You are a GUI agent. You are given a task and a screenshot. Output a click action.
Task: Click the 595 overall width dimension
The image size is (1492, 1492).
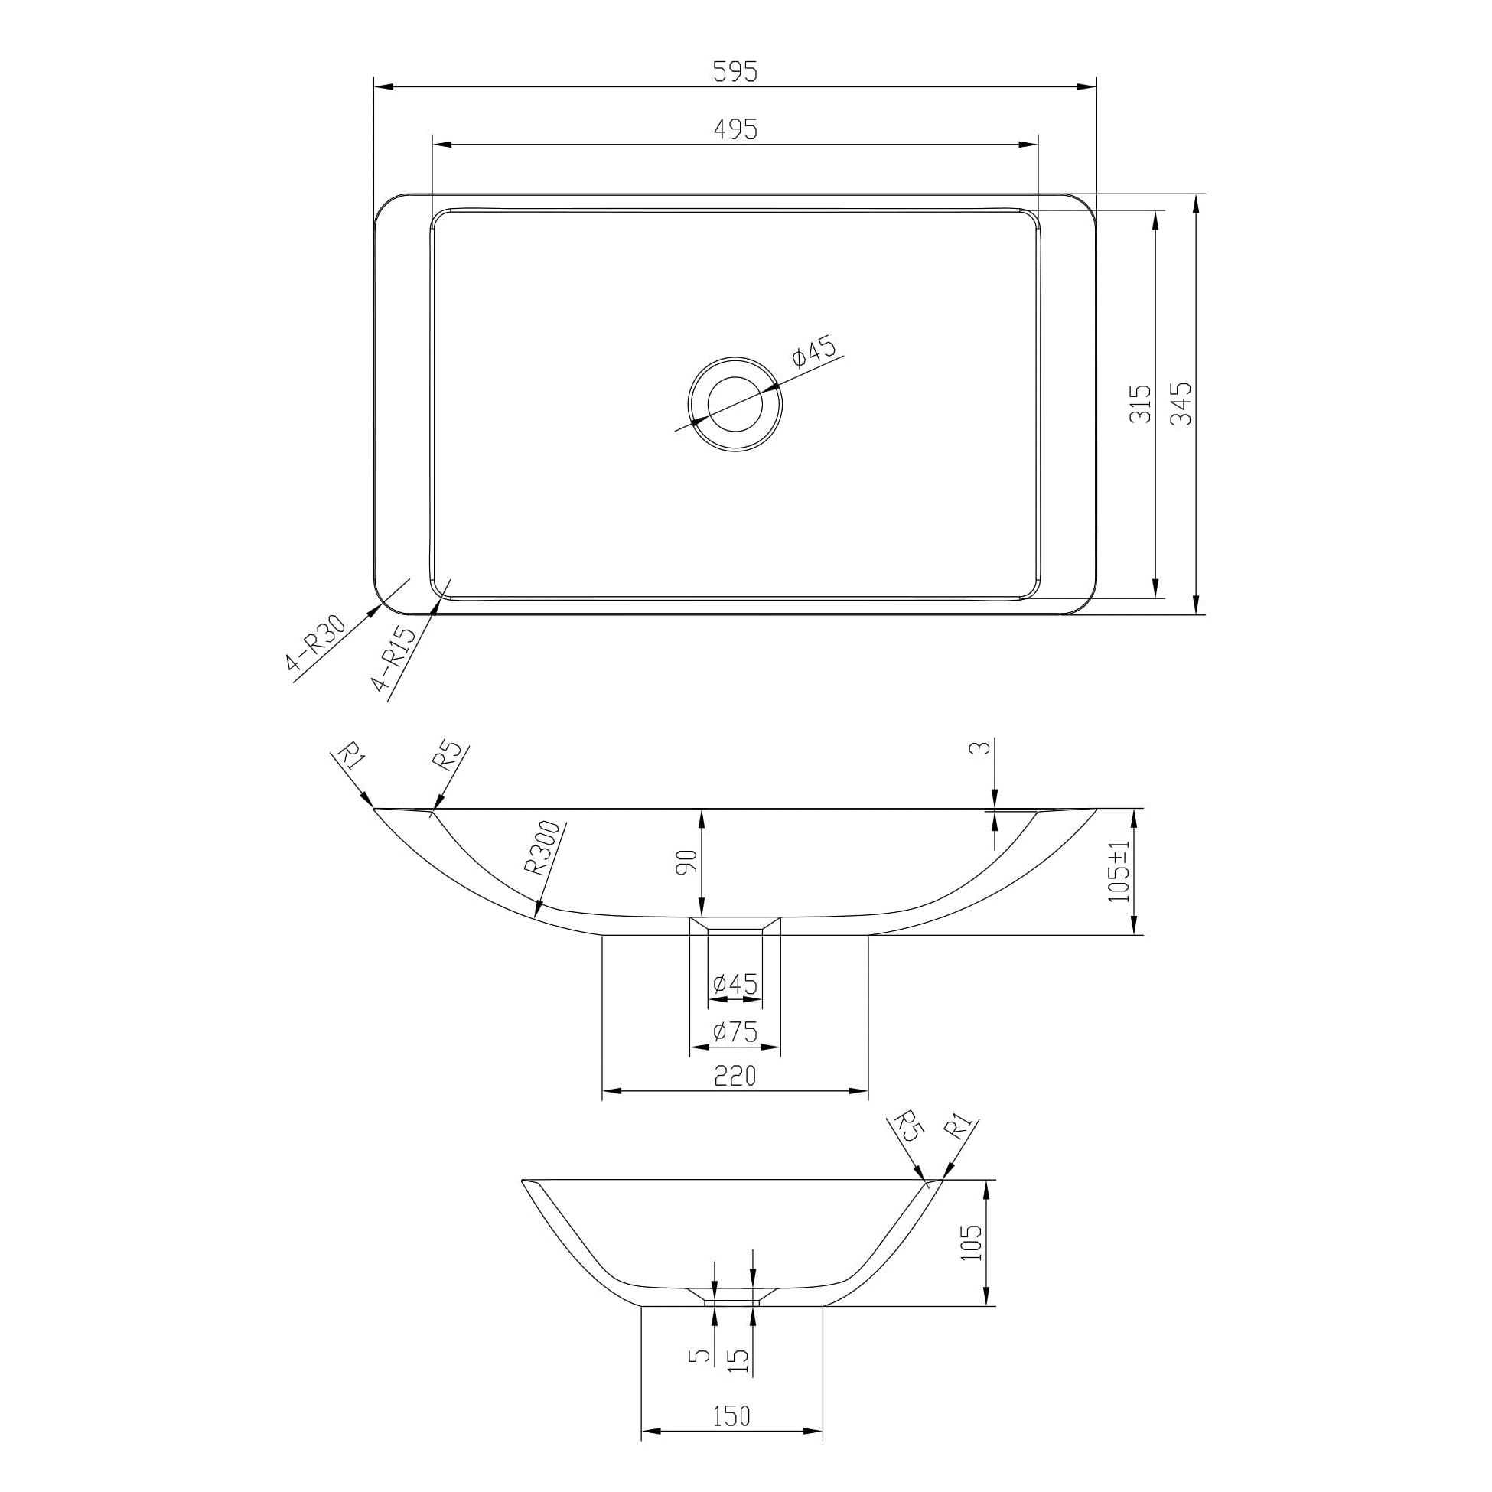(735, 72)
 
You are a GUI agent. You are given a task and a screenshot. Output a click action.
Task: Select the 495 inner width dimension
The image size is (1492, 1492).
(735, 130)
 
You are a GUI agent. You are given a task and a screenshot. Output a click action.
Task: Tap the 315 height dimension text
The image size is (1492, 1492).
(1141, 403)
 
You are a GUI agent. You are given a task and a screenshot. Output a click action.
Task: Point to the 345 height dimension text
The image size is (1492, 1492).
(1181, 403)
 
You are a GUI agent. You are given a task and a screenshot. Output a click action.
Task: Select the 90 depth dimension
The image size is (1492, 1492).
(686, 862)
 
